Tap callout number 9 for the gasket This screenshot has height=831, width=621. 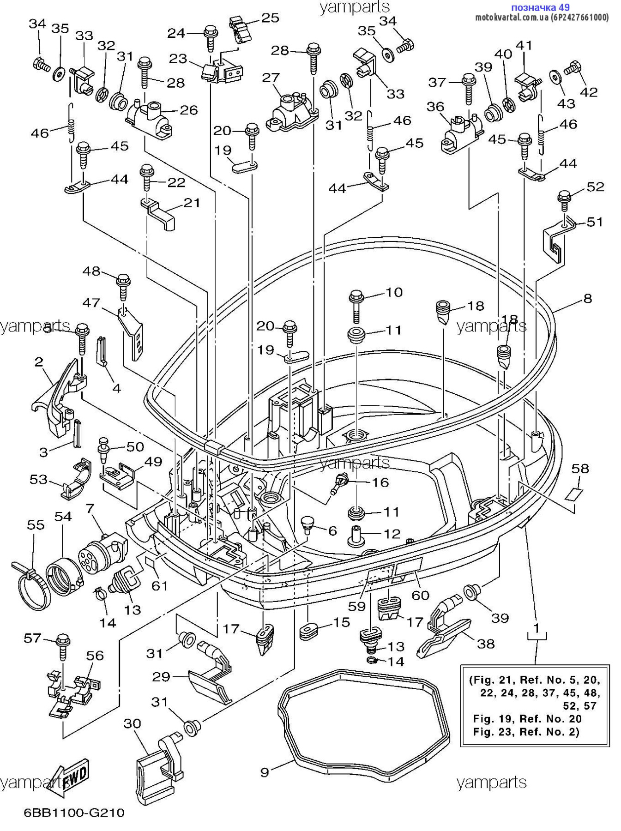(x=265, y=772)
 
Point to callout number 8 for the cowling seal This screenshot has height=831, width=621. (x=587, y=298)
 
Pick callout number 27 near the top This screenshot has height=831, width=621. (x=271, y=77)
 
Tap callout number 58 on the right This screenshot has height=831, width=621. (x=580, y=468)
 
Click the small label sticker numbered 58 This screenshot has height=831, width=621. (x=574, y=494)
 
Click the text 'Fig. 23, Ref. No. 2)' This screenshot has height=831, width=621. (x=526, y=731)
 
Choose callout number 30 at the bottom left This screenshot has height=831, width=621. (x=132, y=723)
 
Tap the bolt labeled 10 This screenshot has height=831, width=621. (x=356, y=305)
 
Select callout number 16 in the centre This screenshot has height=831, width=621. (x=380, y=482)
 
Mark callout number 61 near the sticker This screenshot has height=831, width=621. (x=160, y=585)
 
